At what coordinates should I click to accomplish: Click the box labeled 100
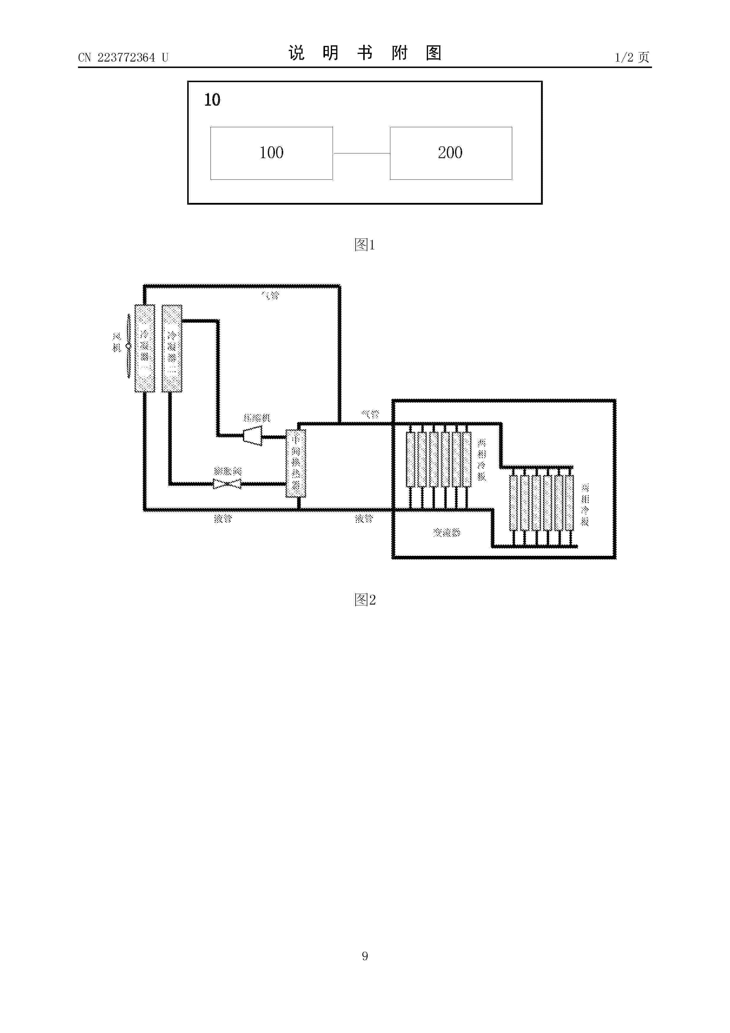[x=271, y=153]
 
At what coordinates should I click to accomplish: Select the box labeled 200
[x=450, y=153]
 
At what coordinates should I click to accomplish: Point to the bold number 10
[x=212, y=100]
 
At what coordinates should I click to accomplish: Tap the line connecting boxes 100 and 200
[x=361, y=153]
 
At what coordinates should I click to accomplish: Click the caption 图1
[x=364, y=245]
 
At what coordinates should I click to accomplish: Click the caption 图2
[x=364, y=600]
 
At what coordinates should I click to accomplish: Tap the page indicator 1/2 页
[x=632, y=57]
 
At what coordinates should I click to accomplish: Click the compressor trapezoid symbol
[x=252, y=436]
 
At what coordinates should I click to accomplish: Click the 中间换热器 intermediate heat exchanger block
[x=296, y=463]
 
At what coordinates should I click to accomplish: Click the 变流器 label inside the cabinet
[x=446, y=533]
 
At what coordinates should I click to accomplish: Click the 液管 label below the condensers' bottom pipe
[x=223, y=519]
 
